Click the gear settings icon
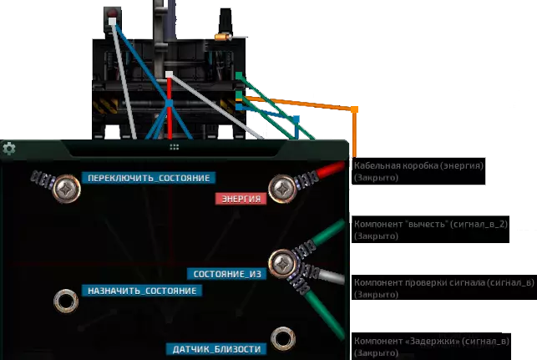tap(9, 149)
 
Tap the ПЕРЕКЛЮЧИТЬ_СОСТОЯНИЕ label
tap(149, 178)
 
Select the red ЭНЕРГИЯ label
tap(241, 199)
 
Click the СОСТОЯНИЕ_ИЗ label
tap(226, 274)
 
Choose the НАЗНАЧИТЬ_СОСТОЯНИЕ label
tap(142, 291)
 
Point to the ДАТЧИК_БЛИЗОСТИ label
tap(216, 349)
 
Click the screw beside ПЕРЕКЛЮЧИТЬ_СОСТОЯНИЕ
tap(66, 189)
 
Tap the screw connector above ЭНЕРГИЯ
tap(282, 189)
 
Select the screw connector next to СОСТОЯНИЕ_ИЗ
tap(282, 264)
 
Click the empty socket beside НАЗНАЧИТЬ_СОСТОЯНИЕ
tap(66, 301)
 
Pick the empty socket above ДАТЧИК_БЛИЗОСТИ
tap(283, 339)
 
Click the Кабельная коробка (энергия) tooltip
tap(418, 171)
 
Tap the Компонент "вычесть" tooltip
tap(430, 230)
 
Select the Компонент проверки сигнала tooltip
tap(444, 288)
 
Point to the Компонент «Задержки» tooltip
tap(432, 347)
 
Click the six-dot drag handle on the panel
tap(175, 147)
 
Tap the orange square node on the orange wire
tap(354, 109)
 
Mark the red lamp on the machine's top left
tap(112, 13)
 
